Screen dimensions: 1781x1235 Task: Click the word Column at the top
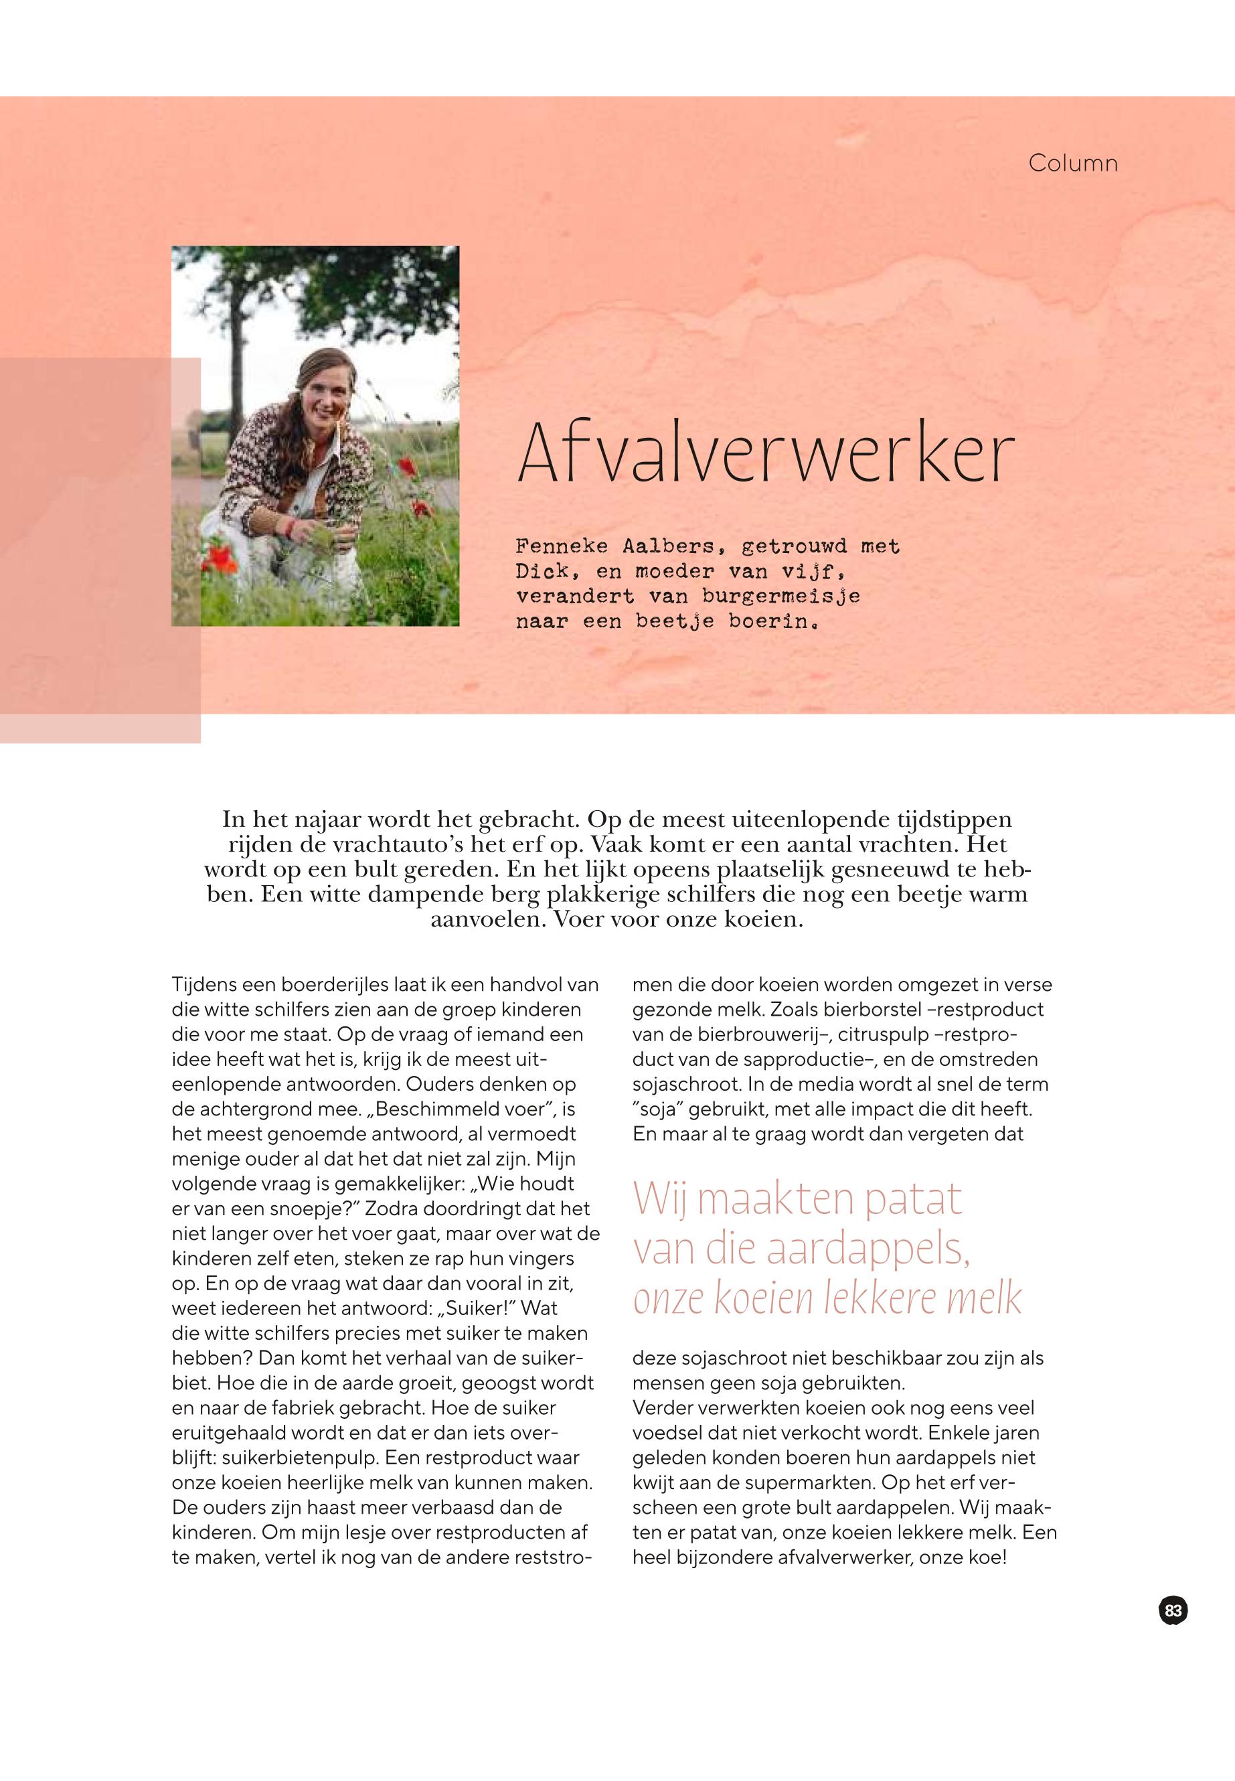pyautogui.click(x=1072, y=163)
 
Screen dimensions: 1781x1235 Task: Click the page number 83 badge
pyautogui.click(x=1173, y=1610)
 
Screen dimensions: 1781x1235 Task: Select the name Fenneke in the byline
pyautogui.click(x=562, y=546)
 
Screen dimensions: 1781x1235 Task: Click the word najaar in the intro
pyautogui.click(x=325, y=819)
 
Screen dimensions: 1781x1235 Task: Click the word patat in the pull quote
pyautogui.click(x=912, y=1199)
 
